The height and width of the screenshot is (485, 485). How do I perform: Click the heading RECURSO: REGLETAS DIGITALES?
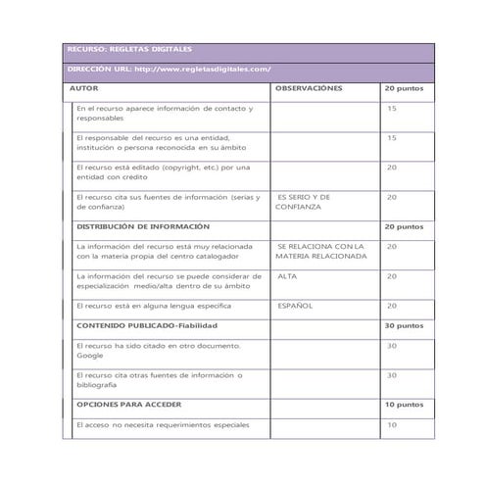pos(129,48)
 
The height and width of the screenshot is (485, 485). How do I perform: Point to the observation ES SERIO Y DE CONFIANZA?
pos(304,202)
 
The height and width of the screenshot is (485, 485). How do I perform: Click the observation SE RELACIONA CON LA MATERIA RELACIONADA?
pos(320,251)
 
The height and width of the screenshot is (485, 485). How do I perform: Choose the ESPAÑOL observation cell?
pos(295,305)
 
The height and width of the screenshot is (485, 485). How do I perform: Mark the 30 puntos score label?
pos(403,324)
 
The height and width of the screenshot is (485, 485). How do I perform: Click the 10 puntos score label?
pos(403,404)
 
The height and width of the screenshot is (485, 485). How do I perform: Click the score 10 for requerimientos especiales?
pos(392,424)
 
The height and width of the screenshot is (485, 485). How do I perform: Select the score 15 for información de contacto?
pos(392,108)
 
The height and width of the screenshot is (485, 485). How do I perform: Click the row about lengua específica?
pos(145,305)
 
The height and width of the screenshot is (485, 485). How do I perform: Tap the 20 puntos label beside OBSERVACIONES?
pos(403,88)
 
